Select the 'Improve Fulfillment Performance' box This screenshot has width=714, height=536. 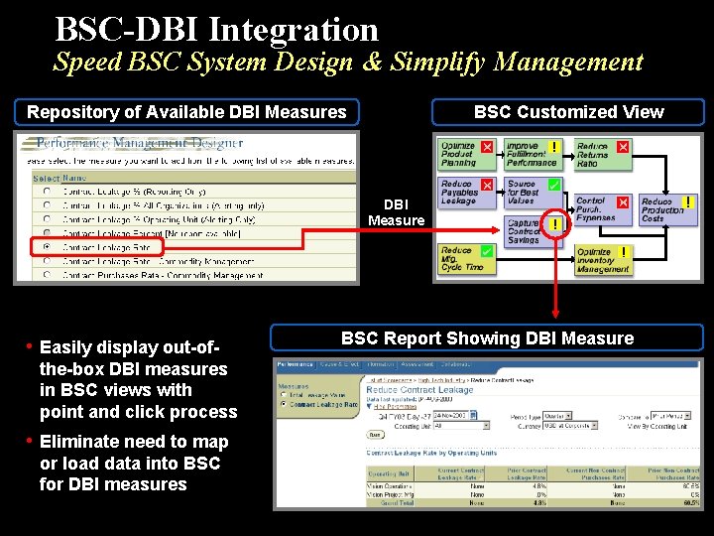pyautogui.click(x=530, y=154)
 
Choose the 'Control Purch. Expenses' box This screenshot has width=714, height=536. pyautogui.click(x=599, y=208)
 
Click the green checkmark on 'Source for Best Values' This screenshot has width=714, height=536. pyautogui.click(x=554, y=185)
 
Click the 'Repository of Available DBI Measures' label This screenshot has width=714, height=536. pyautogui.click(x=186, y=112)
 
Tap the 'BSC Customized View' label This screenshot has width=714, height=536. pyautogui.click(x=568, y=112)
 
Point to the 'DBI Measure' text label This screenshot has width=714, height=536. pyautogui.click(x=396, y=211)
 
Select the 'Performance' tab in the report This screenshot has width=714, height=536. pyautogui.click(x=295, y=364)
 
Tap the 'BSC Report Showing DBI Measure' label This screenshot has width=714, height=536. pyautogui.click(x=487, y=338)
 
